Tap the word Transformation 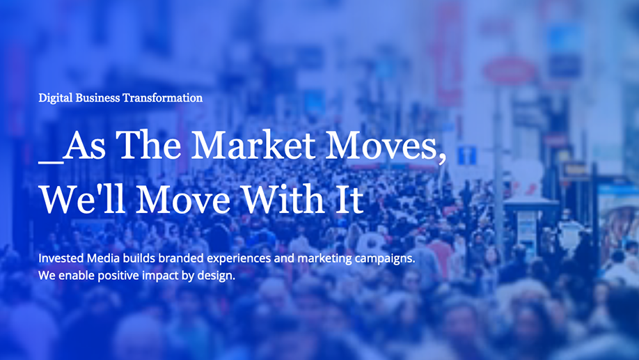pyautogui.click(x=163, y=98)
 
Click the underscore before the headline pyautogui.click(x=51, y=163)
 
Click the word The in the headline pyautogui.click(x=148, y=145)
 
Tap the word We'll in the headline pyautogui.click(x=82, y=199)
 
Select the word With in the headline pyautogui.click(x=283, y=199)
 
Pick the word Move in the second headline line pyautogui.click(x=183, y=200)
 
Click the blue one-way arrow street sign pyautogui.click(x=466, y=155)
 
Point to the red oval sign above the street pyautogui.click(x=509, y=71)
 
